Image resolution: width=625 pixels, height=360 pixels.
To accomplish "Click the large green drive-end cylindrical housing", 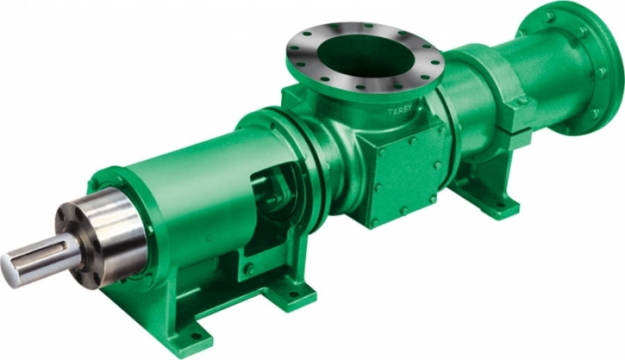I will [x=187, y=195].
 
